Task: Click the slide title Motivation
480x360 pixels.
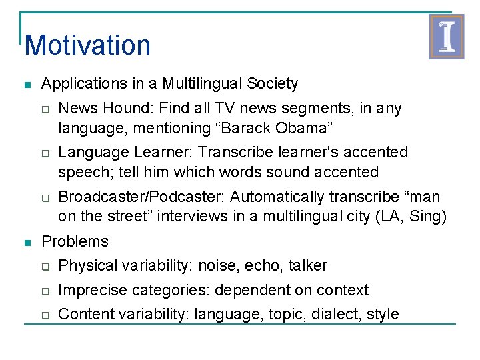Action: click(x=87, y=45)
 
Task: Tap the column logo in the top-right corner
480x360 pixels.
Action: click(x=446, y=37)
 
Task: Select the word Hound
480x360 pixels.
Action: click(x=122, y=108)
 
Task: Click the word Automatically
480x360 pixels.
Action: click(x=271, y=197)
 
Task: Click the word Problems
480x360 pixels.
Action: click(x=75, y=241)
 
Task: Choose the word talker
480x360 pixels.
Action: click(x=307, y=266)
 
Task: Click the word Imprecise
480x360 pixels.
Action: click(x=92, y=290)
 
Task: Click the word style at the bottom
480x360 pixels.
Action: click(x=383, y=314)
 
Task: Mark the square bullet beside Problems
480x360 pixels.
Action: click(x=26, y=242)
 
